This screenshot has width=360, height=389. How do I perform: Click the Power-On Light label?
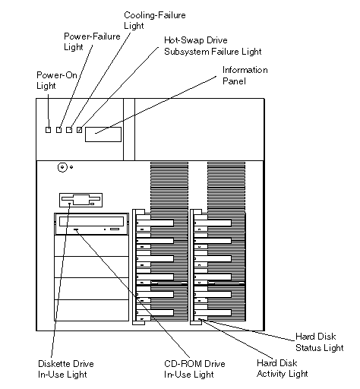57,81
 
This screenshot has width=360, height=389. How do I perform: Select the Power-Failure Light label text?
92,42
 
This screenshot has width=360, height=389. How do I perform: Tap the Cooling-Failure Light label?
155,21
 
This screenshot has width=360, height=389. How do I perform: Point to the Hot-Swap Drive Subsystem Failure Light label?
213,46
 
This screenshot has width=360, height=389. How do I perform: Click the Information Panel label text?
245,75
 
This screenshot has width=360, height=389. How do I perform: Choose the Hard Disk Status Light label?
319,342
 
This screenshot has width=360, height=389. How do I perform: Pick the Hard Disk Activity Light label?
283,368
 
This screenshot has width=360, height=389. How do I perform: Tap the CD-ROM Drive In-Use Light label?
194,369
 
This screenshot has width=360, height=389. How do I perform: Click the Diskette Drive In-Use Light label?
66,369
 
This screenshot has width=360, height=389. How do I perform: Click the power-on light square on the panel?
48,130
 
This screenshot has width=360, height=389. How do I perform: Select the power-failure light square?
58,130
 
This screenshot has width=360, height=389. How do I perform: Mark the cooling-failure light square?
69,130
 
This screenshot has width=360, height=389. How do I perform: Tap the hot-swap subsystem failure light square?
80,130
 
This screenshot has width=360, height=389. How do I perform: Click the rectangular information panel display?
103,134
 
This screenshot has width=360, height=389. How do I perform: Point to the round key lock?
62,167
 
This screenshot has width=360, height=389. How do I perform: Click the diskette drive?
81,200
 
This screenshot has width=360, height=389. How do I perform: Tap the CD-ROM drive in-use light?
76,229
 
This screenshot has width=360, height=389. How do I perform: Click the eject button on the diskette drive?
93,204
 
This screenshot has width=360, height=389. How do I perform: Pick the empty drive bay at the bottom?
92,311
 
